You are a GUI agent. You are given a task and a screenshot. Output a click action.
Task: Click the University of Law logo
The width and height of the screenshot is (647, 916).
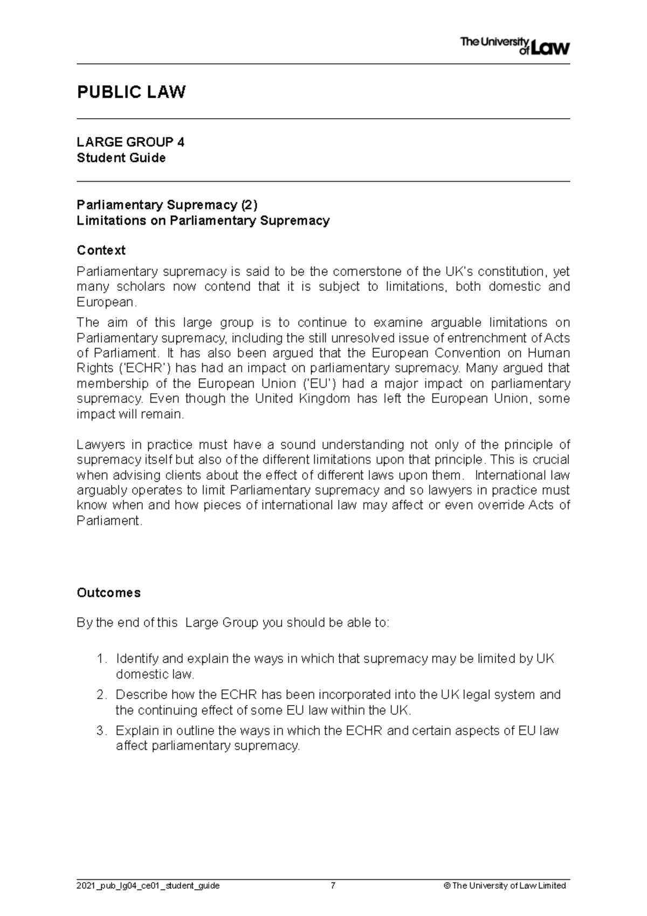coord(514,46)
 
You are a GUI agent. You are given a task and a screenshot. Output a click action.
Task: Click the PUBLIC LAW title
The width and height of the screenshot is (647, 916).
coord(131,92)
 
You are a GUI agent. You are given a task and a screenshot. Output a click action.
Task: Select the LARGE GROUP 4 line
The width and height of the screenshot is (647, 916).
coord(130,142)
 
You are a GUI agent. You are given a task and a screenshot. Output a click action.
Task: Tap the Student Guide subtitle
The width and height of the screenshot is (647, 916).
coord(121,158)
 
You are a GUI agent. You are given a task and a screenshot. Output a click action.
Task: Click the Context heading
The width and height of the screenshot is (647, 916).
coord(101,250)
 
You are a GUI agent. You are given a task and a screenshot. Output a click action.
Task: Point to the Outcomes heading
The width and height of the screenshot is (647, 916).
coord(108,593)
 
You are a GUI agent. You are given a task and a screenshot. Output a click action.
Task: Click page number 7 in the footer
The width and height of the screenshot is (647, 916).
coord(333,886)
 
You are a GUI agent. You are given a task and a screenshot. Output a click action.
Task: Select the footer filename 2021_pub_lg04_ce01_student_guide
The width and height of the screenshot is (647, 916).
coord(148,886)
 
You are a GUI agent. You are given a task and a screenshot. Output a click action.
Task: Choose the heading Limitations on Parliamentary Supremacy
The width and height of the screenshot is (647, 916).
coord(203,221)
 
